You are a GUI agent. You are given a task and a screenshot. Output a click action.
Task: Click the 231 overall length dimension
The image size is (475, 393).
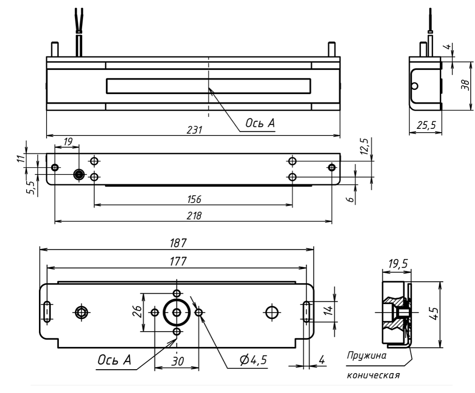[x=194, y=130]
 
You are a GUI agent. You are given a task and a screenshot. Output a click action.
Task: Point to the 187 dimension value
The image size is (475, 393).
[x=176, y=242]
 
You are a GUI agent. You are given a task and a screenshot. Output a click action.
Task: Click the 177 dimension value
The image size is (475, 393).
[x=176, y=261]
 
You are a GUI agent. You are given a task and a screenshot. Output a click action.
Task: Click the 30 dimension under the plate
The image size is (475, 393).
[x=177, y=361]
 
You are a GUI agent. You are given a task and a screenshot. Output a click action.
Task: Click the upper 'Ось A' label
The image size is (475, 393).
[x=260, y=123]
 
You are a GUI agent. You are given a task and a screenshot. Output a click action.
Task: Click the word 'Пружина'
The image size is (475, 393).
[x=366, y=355]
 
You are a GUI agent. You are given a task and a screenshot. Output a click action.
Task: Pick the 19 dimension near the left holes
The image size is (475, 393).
[x=68, y=141]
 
